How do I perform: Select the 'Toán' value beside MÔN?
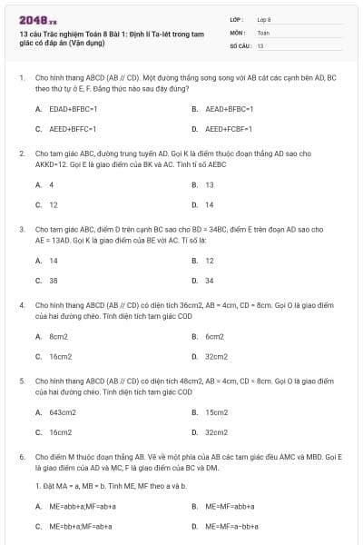click(263, 32)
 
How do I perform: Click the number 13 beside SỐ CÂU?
click(260, 45)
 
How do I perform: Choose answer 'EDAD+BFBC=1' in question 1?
click(73, 108)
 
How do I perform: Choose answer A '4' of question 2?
click(52, 184)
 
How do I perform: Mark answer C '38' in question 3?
click(54, 281)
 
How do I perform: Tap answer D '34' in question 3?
click(209, 281)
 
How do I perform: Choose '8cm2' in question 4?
click(60, 336)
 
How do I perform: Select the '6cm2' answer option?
click(214, 336)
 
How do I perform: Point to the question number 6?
click(21, 457)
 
